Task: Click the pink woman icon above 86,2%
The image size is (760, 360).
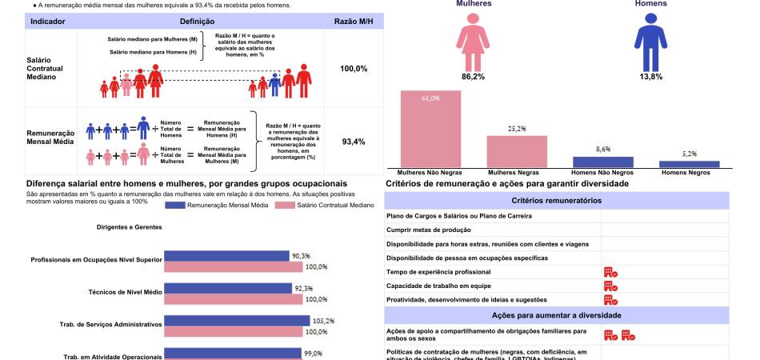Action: (473, 44)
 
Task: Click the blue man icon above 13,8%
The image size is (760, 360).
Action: (650, 44)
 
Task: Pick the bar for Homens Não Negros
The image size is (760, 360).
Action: (603, 161)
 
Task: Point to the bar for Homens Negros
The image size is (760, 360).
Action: (690, 164)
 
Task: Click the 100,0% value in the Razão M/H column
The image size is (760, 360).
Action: (354, 69)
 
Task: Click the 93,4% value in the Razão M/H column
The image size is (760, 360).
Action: (354, 142)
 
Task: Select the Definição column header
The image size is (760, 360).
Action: (197, 22)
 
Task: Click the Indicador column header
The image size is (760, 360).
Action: (47, 22)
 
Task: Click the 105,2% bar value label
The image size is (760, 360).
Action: (323, 321)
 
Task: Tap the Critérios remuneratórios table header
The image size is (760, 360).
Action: (556, 200)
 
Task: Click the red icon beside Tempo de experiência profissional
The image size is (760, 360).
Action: (610, 272)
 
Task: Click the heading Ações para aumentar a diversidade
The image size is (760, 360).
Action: (556, 315)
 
